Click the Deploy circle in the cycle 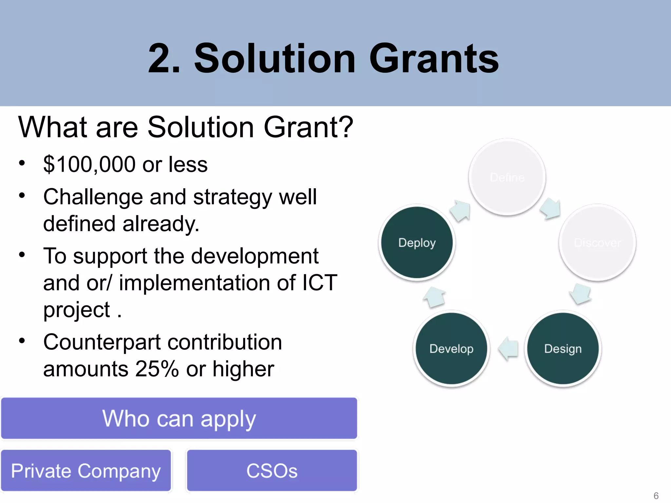pyautogui.click(x=417, y=243)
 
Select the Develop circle pyautogui.click(x=451, y=349)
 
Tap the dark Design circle pyautogui.click(x=563, y=349)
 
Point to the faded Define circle pyautogui.click(x=507, y=177)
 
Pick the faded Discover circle pyautogui.click(x=597, y=243)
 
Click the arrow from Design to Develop pyautogui.click(x=508, y=349)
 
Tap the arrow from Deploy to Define pyautogui.click(x=460, y=211)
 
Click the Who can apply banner pyautogui.click(x=179, y=418)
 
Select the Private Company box pyautogui.click(x=86, y=471)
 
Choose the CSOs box pyautogui.click(x=272, y=471)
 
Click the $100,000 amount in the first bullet pyautogui.click(x=89, y=164)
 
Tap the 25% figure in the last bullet pyautogui.click(x=157, y=369)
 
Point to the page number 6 pyautogui.click(x=656, y=495)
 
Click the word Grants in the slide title pyautogui.click(x=433, y=59)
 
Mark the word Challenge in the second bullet pyautogui.click(x=93, y=197)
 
